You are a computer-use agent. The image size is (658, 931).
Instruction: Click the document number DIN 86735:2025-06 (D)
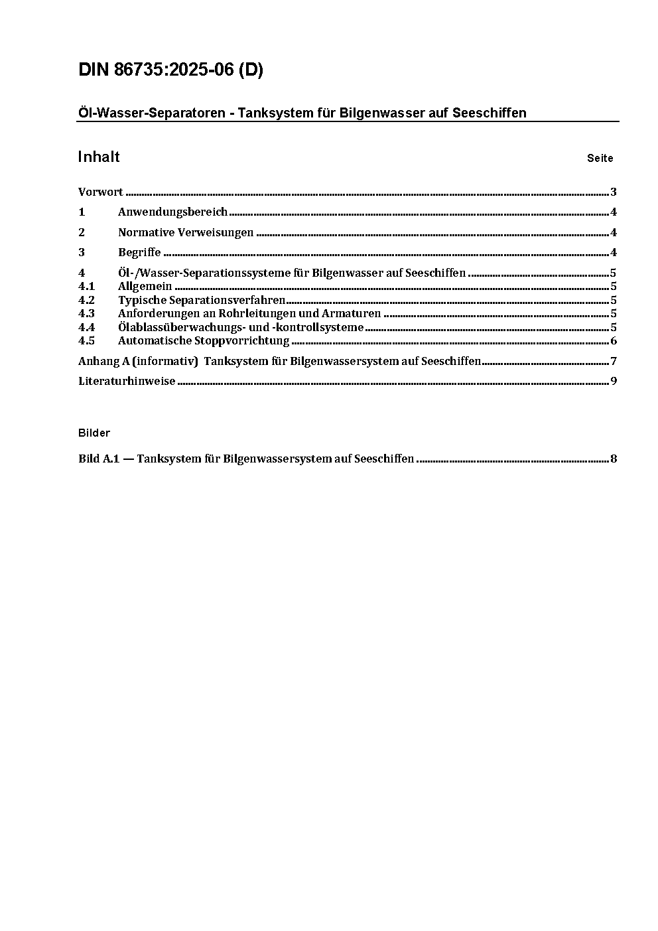click(x=170, y=70)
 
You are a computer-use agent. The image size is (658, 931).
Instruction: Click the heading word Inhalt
click(x=99, y=157)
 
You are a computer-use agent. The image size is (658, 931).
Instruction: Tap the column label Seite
click(x=600, y=159)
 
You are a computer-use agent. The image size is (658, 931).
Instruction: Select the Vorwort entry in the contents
click(x=101, y=192)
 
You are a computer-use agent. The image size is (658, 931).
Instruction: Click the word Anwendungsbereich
click(x=172, y=212)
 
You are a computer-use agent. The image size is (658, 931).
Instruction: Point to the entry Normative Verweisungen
click(x=186, y=232)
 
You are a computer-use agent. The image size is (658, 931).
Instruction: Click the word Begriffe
click(x=139, y=252)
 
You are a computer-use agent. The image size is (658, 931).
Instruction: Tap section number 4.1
click(x=86, y=287)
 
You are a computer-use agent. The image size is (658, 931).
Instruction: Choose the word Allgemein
click(x=145, y=287)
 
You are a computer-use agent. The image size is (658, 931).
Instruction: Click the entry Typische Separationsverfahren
click(x=202, y=300)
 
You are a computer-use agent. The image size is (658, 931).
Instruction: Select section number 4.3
click(x=86, y=313)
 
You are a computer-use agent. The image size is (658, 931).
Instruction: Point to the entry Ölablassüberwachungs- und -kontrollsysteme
click(x=241, y=327)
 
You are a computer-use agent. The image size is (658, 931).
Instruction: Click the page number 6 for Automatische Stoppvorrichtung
click(x=614, y=341)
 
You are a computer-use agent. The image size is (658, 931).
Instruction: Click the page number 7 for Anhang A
click(x=614, y=362)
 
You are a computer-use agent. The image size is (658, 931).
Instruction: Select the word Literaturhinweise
click(x=127, y=382)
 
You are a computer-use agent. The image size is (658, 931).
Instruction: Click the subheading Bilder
click(x=94, y=433)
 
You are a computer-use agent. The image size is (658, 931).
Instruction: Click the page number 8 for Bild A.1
click(x=614, y=459)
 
